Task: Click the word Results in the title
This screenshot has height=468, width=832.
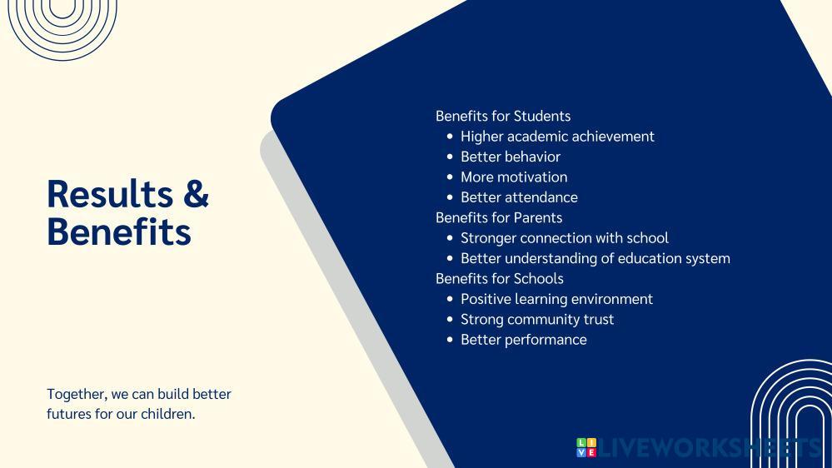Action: pyautogui.click(x=108, y=194)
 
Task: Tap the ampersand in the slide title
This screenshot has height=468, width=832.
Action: pyautogui.click(x=195, y=194)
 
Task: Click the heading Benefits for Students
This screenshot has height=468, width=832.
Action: pyautogui.click(x=503, y=116)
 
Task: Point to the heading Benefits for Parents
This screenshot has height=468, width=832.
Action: pyautogui.click(x=499, y=217)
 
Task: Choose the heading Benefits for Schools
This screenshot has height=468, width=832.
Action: pyautogui.click(x=500, y=278)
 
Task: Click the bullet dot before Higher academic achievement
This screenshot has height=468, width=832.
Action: pyautogui.click(x=451, y=137)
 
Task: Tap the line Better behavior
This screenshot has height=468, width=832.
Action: pyautogui.click(x=511, y=157)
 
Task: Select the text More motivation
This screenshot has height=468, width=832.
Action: pyautogui.click(x=514, y=177)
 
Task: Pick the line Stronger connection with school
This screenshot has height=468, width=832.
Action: pyautogui.click(x=565, y=238)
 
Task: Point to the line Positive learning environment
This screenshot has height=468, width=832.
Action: pyautogui.click(x=556, y=299)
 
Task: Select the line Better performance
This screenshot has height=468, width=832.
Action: pyautogui.click(x=524, y=340)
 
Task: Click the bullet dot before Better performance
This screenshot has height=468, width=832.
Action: pyautogui.click(x=451, y=340)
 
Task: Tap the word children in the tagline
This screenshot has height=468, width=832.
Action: pyautogui.click(x=167, y=413)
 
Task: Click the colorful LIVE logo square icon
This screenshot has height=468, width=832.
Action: pyautogui.click(x=586, y=447)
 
